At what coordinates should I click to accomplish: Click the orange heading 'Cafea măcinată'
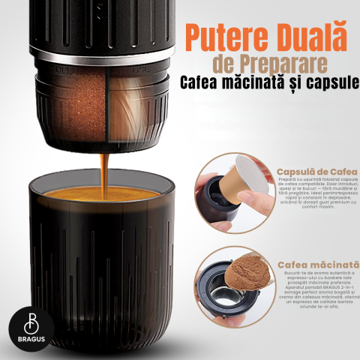coord(318,265)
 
